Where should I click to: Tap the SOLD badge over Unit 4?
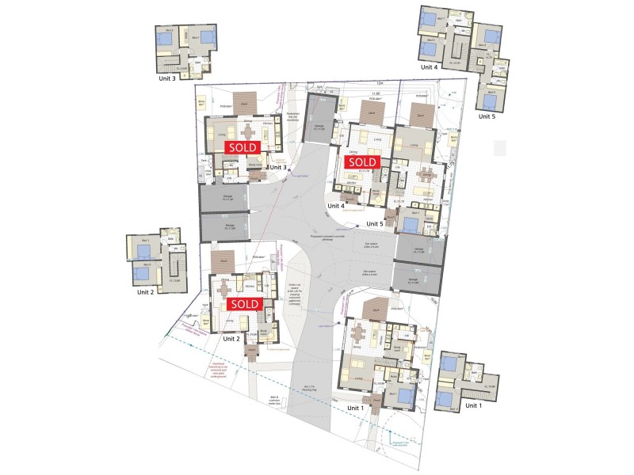[x=361, y=161]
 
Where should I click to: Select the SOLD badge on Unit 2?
[x=243, y=303]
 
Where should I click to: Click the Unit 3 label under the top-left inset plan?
[x=172, y=78]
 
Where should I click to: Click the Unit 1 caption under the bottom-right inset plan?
[x=473, y=405]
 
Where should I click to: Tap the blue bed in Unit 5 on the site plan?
[x=412, y=214]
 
